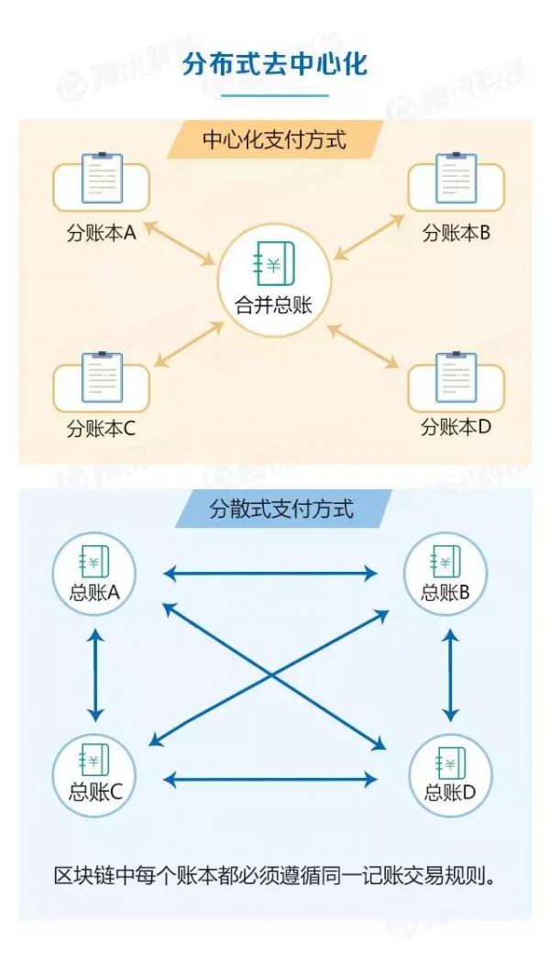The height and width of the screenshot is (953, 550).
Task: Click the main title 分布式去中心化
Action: (x=275, y=67)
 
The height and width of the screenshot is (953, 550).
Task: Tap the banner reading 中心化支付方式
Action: (x=275, y=140)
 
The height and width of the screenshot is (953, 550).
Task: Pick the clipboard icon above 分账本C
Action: (x=102, y=377)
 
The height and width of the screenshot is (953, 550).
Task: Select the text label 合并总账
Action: (x=273, y=305)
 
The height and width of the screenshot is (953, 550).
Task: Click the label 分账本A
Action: (x=102, y=233)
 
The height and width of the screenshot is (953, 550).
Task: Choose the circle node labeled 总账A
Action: (x=94, y=575)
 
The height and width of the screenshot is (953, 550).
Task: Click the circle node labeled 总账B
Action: (x=446, y=575)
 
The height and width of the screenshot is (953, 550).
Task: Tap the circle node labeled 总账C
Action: (x=94, y=775)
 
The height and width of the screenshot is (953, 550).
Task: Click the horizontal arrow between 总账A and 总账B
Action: (x=270, y=575)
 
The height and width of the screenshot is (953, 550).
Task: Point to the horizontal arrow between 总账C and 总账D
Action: (x=270, y=780)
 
